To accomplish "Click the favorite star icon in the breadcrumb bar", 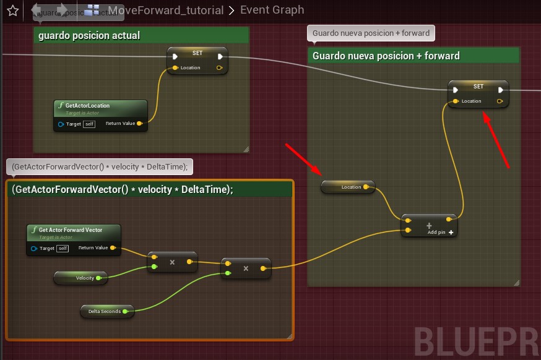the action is point(12,10).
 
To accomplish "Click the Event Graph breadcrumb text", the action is point(272,10).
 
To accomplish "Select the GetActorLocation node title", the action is point(87,106).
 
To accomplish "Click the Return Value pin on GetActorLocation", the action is point(139,124).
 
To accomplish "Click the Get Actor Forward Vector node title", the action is point(70,230).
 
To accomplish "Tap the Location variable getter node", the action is point(348,187).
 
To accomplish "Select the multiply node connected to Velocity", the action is point(172,262).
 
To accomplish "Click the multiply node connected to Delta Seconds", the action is point(246,268).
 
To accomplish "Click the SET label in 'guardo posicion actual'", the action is point(197,54).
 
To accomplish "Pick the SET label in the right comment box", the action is point(478,87).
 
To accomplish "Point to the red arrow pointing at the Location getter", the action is point(303,158).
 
